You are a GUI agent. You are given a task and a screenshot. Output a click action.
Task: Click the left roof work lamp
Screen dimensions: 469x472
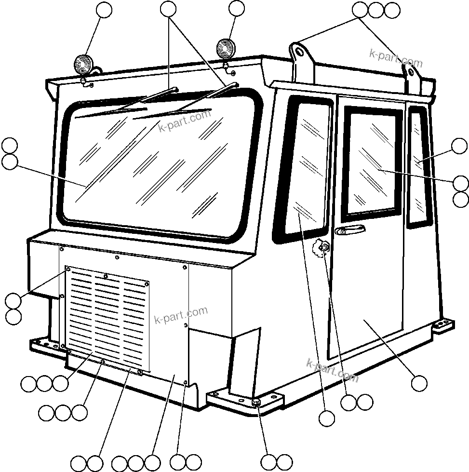coord(83,64)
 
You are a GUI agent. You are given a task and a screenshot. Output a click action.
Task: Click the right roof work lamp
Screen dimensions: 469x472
coord(225,48)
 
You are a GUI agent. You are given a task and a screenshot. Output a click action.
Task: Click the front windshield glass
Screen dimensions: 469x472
coord(159,169)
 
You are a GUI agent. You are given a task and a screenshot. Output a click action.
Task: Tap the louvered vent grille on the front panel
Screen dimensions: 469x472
coord(107,318)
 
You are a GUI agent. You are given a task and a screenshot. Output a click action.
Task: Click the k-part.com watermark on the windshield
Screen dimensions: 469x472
coord(185,121)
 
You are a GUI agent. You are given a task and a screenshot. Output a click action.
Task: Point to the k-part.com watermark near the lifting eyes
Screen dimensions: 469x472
coord(396,58)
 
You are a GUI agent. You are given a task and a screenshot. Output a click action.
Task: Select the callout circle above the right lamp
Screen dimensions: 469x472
coord(237,9)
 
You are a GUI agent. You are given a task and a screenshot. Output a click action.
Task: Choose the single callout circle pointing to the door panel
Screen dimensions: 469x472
coord(419,383)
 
